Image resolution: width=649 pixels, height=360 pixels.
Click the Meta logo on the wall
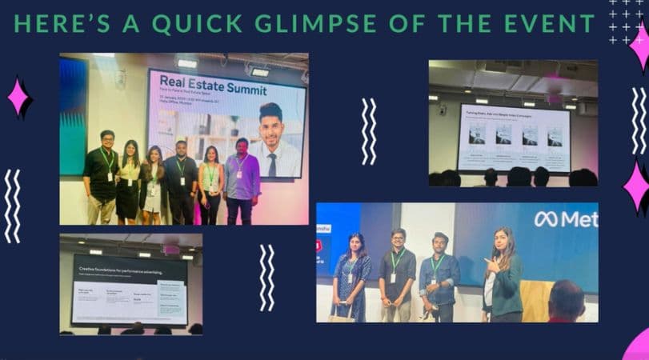pyautogui.click(x=565, y=218)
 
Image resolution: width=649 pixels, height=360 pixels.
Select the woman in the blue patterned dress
pyautogui.click(x=351, y=276)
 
